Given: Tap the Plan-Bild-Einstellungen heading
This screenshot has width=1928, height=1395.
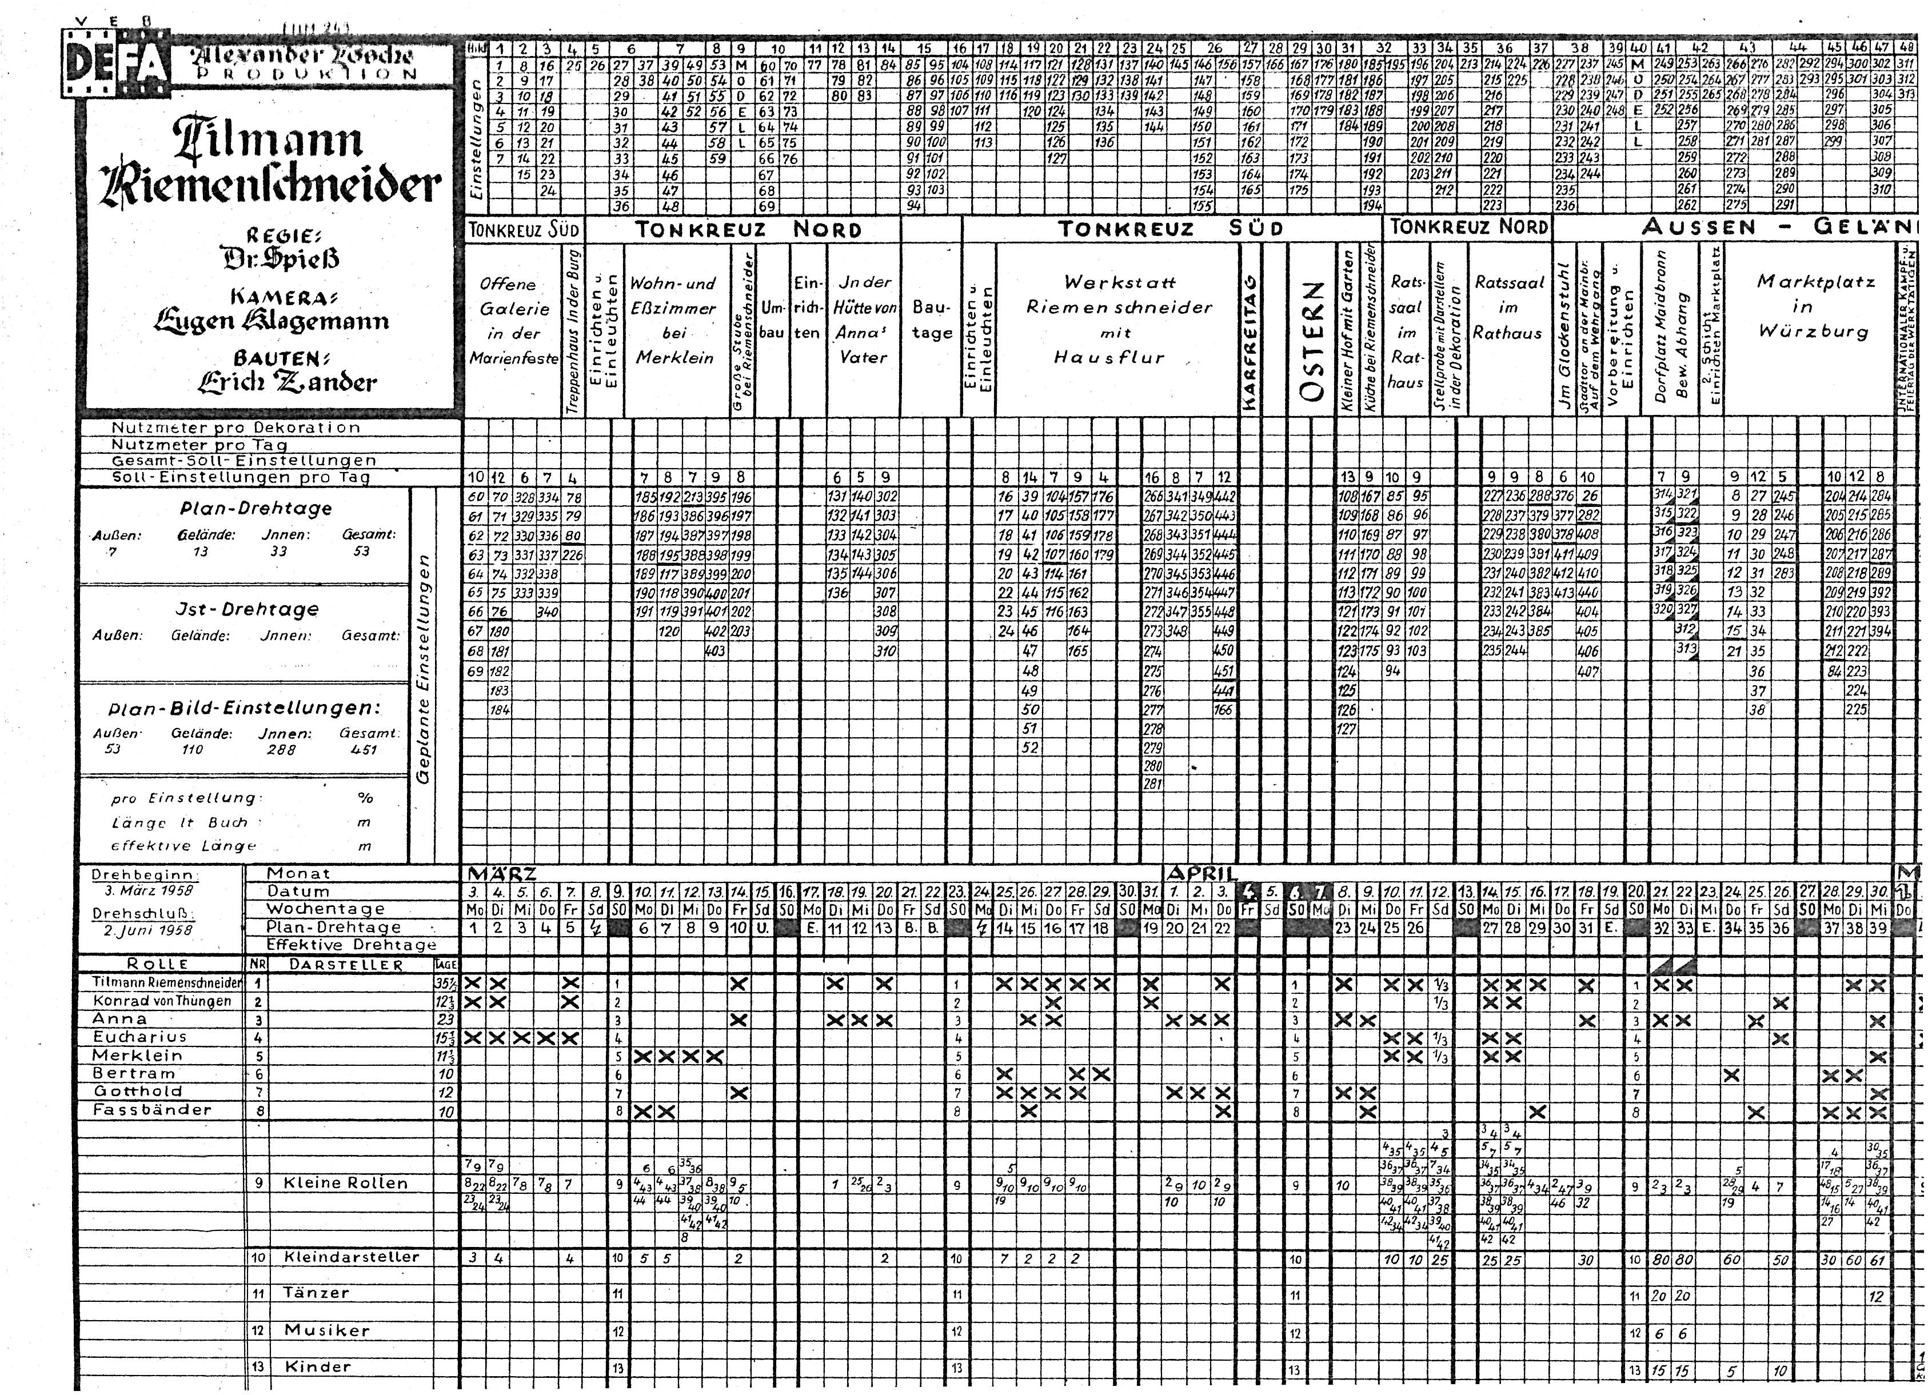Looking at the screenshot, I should pyautogui.click(x=244, y=708).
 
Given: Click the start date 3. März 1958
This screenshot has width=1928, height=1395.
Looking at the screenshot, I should pyautogui.click(x=149, y=891).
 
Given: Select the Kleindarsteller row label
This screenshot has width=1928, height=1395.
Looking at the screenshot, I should pyautogui.click(x=351, y=1257).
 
